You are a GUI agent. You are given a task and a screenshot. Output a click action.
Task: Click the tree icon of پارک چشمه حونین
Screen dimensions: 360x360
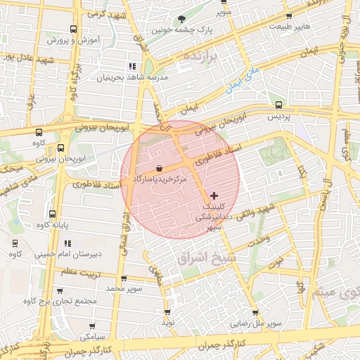click(x=183, y=19)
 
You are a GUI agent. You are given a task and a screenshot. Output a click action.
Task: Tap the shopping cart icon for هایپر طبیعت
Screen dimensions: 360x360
click(x=289, y=16)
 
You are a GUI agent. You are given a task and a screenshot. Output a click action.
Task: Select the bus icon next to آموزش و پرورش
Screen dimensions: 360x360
click(x=74, y=30)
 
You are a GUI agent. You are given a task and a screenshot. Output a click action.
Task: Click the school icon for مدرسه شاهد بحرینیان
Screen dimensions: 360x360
click(x=131, y=66)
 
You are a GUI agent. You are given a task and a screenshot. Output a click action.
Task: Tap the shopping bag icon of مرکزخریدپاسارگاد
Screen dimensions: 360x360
click(x=160, y=169)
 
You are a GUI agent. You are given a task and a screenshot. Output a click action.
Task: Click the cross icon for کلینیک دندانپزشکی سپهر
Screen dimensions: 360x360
click(x=214, y=195)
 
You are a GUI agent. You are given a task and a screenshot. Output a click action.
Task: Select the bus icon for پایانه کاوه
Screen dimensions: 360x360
click(x=51, y=214)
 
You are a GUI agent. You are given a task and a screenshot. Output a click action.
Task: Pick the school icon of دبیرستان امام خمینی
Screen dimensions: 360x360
click(x=15, y=242)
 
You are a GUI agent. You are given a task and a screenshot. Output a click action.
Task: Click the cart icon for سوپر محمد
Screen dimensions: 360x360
click(x=124, y=278)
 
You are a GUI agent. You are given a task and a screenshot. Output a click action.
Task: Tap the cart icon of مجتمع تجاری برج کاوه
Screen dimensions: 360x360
click(x=59, y=290)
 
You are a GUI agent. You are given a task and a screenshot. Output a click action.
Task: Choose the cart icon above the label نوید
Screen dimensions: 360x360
click(x=167, y=311)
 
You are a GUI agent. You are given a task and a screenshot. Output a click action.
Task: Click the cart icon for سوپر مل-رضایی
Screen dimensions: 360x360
click(x=255, y=313)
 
